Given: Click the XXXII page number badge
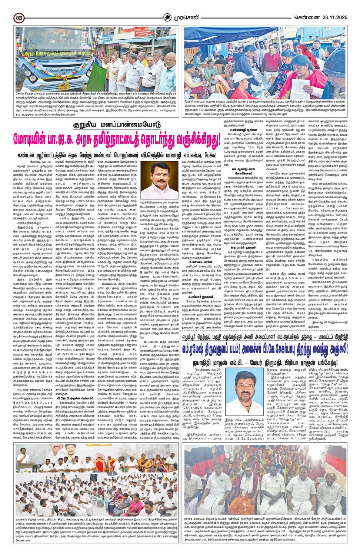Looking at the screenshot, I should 19,18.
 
